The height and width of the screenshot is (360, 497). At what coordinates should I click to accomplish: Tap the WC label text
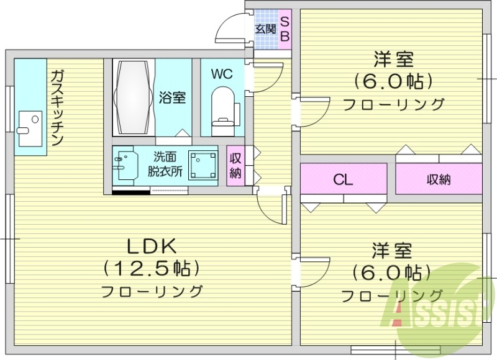click(x=221, y=74)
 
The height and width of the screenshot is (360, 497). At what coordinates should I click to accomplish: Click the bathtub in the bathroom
click(x=132, y=97)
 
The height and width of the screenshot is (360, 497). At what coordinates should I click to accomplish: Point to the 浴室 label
click(x=171, y=97)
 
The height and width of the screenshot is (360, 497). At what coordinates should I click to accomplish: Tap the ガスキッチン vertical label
click(x=57, y=109)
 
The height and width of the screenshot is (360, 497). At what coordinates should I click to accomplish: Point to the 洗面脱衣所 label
click(x=165, y=165)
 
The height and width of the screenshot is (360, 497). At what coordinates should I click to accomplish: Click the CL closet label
click(x=343, y=181)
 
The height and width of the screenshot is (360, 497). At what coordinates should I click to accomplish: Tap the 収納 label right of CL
click(x=439, y=180)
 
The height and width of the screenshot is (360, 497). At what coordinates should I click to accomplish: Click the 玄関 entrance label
click(x=265, y=29)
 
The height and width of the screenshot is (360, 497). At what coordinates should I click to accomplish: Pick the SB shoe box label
click(x=285, y=29)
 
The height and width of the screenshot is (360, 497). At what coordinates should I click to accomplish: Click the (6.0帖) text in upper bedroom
click(x=392, y=81)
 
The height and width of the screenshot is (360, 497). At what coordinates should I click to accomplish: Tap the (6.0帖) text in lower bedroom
click(x=391, y=272)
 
